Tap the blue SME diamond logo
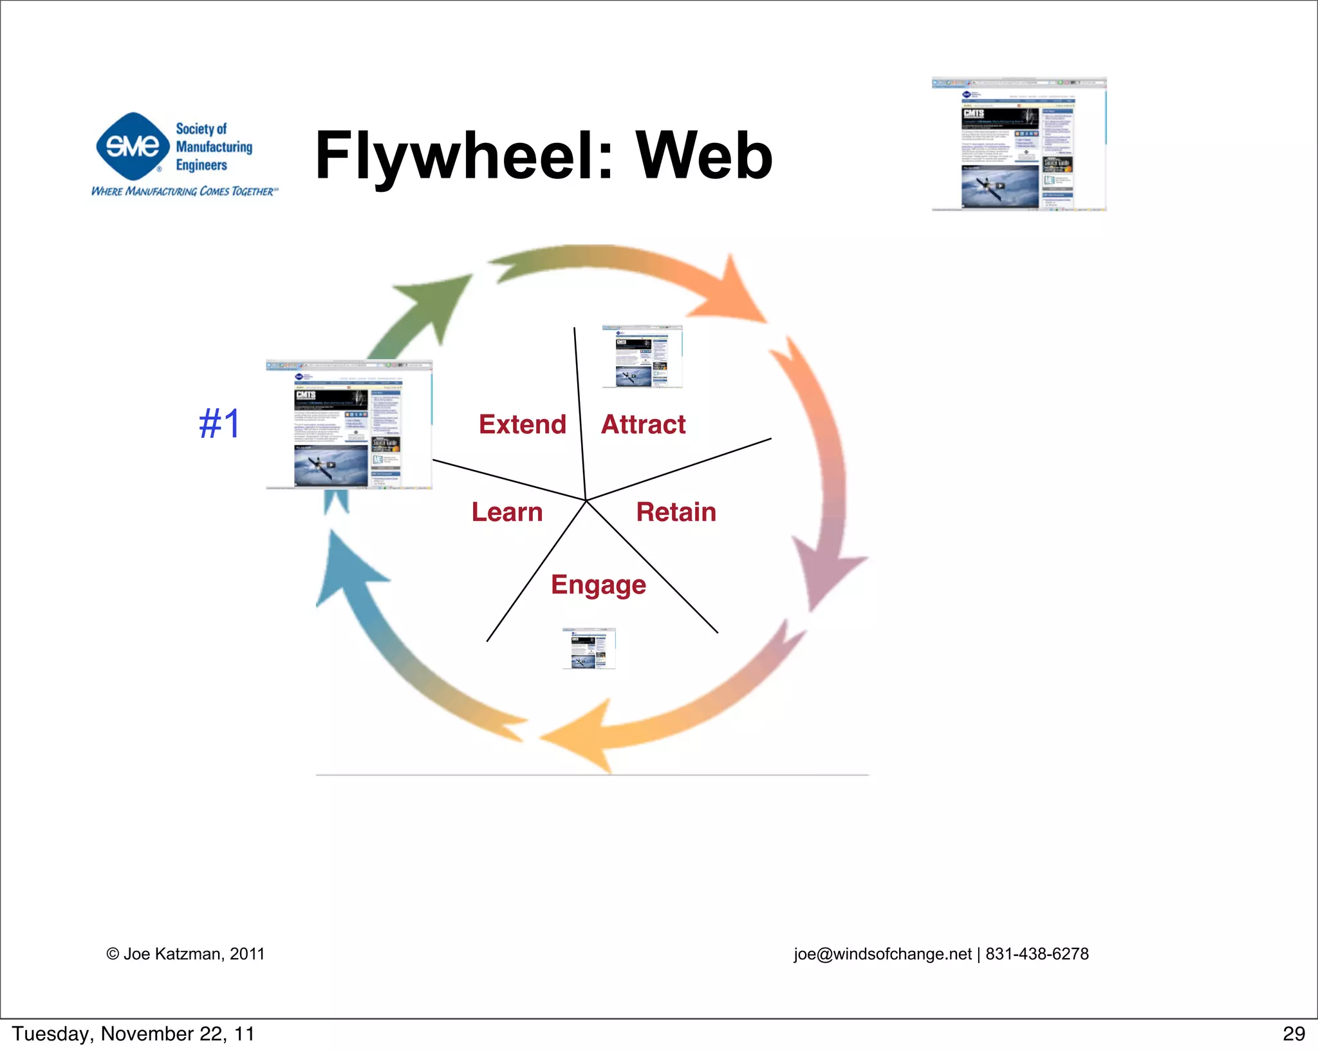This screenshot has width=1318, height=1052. [x=133, y=146]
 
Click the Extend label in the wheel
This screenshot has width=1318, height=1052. [x=522, y=424]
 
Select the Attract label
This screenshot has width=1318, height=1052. [x=643, y=424]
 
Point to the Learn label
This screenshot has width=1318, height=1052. [x=507, y=512]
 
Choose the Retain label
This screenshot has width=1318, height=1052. [x=676, y=512]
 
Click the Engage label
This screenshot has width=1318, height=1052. [x=599, y=585]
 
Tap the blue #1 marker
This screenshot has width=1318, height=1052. [x=219, y=424]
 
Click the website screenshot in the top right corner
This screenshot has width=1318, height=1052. [x=1019, y=144]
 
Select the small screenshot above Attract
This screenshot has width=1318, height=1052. [x=642, y=356]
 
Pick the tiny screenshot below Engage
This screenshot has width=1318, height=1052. [x=589, y=648]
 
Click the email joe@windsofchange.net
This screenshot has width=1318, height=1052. [x=882, y=953]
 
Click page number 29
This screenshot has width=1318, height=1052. [x=1293, y=1033]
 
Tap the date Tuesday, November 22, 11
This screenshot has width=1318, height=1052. [x=133, y=1033]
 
